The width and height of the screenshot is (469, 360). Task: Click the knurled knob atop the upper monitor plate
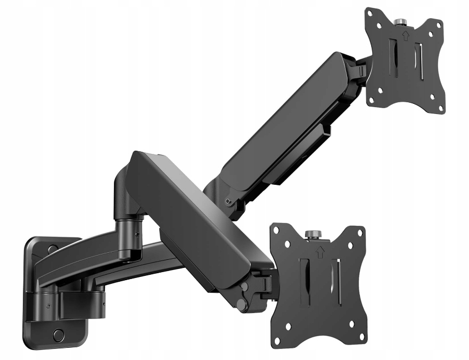click(x=400, y=22)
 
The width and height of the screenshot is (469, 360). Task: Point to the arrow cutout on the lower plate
click(x=319, y=251)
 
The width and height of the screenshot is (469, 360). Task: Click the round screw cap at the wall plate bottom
click(x=59, y=335)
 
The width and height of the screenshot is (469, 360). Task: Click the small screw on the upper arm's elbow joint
click(x=228, y=201)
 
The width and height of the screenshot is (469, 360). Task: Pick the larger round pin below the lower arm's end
click(x=242, y=305)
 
